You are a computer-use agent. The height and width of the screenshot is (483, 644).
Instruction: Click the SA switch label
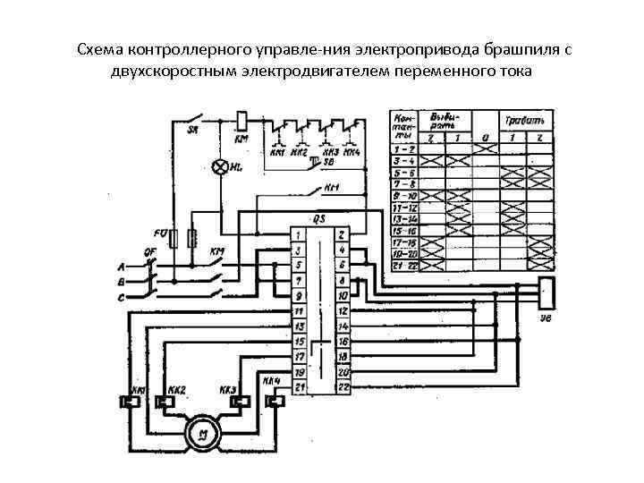coord(192,131)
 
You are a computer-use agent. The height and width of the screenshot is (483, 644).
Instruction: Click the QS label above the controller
coord(319,218)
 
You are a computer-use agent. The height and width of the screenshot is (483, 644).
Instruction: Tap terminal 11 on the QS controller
coord(299,310)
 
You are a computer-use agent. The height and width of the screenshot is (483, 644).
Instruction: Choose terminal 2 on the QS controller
coord(342,234)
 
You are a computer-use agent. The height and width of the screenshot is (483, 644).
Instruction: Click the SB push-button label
coord(328,162)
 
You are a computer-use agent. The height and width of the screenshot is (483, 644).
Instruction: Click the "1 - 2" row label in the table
coord(402,147)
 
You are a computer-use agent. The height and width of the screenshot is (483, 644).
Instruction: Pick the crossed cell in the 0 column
coord(486,147)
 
